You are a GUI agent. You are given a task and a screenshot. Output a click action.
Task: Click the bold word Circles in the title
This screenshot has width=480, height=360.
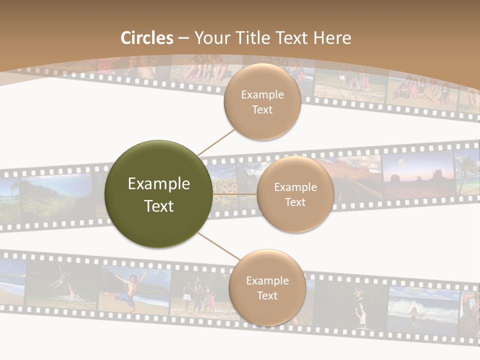pos(147,38)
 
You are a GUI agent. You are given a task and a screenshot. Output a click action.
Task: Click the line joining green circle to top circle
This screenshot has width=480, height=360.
pos(216,141)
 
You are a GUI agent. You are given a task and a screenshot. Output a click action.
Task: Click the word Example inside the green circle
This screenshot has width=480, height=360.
pos(159,184)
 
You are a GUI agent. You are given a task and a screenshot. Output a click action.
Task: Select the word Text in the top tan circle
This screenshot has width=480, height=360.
pos(262,110)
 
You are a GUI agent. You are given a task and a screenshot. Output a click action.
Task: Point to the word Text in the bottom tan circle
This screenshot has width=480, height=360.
pos(267,296)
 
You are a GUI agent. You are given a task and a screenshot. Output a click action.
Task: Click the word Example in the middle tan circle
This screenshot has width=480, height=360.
pos(295,187)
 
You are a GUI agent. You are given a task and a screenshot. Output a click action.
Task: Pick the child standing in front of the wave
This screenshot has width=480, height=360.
pos(413,315)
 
